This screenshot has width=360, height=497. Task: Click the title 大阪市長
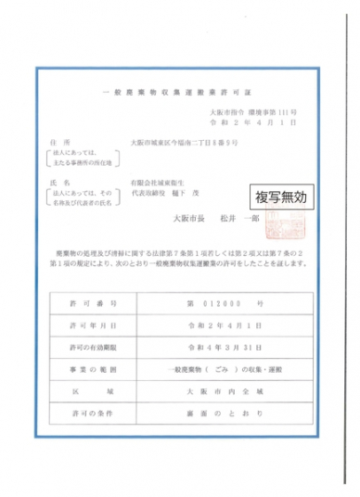coord(189,219)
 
